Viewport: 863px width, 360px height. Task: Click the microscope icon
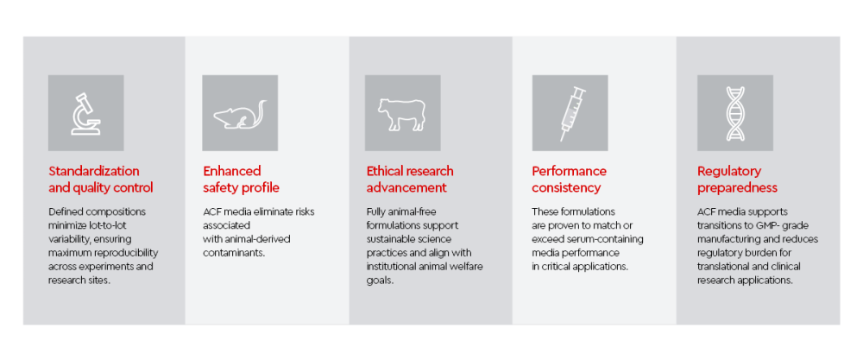pyautogui.click(x=85, y=114)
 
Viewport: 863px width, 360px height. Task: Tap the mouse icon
pyautogui.click(x=240, y=115)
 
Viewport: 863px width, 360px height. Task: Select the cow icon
pyautogui.click(x=401, y=115)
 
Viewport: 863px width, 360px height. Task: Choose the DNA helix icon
pyautogui.click(x=734, y=114)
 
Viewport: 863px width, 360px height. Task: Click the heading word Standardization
pyautogui.click(x=93, y=171)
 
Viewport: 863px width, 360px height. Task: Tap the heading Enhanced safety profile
pyautogui.click(x=241, y=180)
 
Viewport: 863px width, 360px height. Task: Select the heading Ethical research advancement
pyautogui.click(x=410, y=180)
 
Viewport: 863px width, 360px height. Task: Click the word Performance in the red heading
pyautogui.click(x=569, y=171)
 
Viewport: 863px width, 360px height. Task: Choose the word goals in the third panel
pyautogui.click(x=379, y=281)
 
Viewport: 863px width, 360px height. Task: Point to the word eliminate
pyautogui.click(x=267, y=212)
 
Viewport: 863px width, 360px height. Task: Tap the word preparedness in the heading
pyautogui.click(x=738, y=188)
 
